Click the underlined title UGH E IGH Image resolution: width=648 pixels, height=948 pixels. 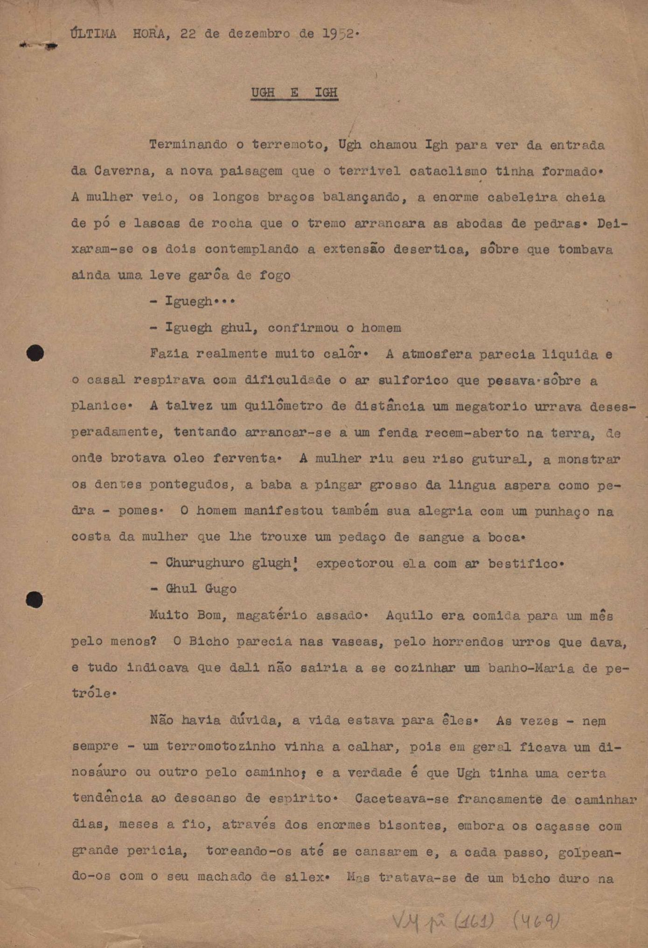click(294, 93)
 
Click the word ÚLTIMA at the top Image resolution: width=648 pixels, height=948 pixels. click(93, 34)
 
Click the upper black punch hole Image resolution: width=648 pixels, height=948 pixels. click(35, 353)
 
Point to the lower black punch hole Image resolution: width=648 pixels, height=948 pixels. click(35, 600)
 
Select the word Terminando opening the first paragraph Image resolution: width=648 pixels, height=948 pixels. click(188, 145)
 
